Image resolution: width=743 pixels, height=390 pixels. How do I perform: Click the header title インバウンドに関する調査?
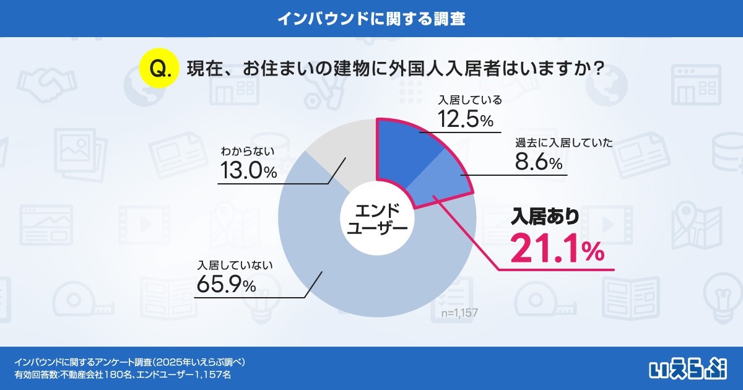(371, 18)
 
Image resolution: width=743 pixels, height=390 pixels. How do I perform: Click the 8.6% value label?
(538, 163)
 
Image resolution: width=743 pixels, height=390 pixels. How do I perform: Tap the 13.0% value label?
(248, 171)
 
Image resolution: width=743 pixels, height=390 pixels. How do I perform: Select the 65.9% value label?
(225, 285)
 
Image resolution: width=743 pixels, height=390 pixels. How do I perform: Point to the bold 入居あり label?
(545, 217)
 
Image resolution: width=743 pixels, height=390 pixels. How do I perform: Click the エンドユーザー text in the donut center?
(376, 219)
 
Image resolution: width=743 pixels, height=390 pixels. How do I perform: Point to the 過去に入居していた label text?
(563, 143)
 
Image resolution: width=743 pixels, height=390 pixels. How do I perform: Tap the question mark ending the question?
(597, 68)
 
